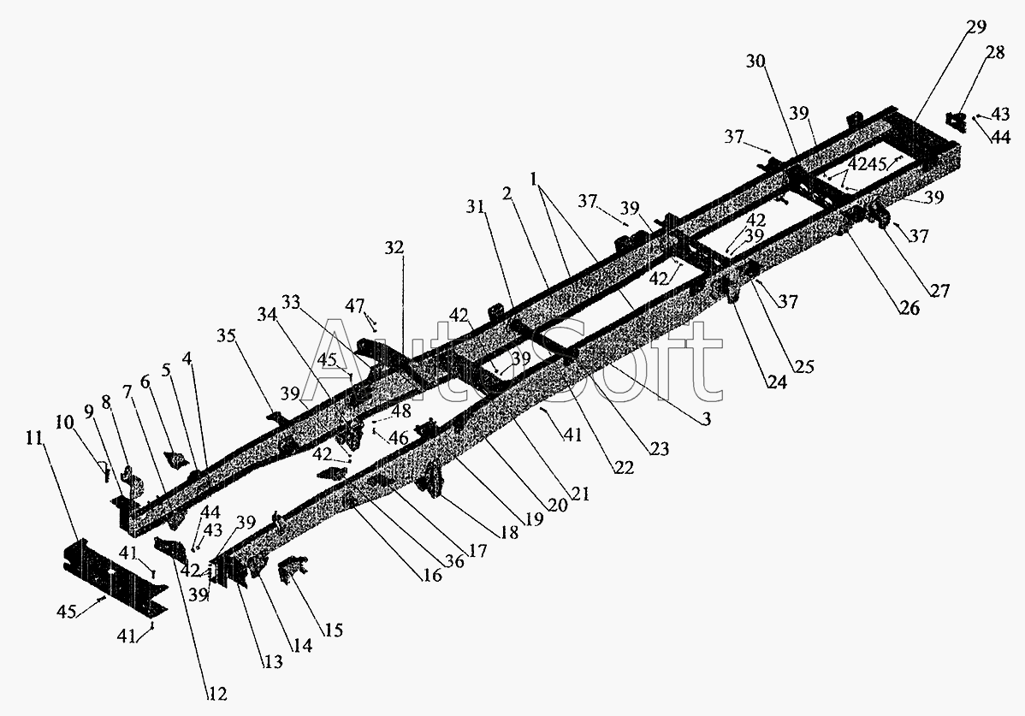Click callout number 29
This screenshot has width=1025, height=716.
point(976,27)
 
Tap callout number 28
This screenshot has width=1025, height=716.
point(994,52)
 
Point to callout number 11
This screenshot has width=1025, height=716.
point(35,437)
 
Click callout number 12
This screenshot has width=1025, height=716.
point(217,694)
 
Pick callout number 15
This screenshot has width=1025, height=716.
point(334,630)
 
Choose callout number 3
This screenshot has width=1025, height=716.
point(705,419)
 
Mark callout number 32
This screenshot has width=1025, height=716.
point(394,247)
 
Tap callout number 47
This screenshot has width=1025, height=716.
point(355,305)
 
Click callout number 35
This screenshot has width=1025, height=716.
point(226,336)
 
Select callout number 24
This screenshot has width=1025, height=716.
point(777,382)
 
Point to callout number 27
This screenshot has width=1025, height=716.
point(939,290)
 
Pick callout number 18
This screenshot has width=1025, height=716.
point(508,532)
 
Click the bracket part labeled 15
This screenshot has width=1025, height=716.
point(292,568)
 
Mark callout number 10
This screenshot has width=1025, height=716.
point(64,423)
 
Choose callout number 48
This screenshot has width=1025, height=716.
point(401,411)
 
